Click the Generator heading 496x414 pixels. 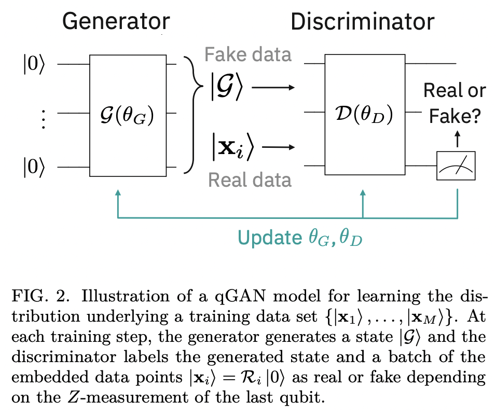[116, 21]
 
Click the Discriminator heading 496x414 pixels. [362, 21]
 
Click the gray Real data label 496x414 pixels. [250, 180]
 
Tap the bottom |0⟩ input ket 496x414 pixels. [34, 168]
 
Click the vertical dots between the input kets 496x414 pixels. [43, 120]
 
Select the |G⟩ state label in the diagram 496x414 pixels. [226, 86]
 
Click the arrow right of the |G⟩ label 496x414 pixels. [273, 87]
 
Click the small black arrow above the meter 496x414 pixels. [457, 139]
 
